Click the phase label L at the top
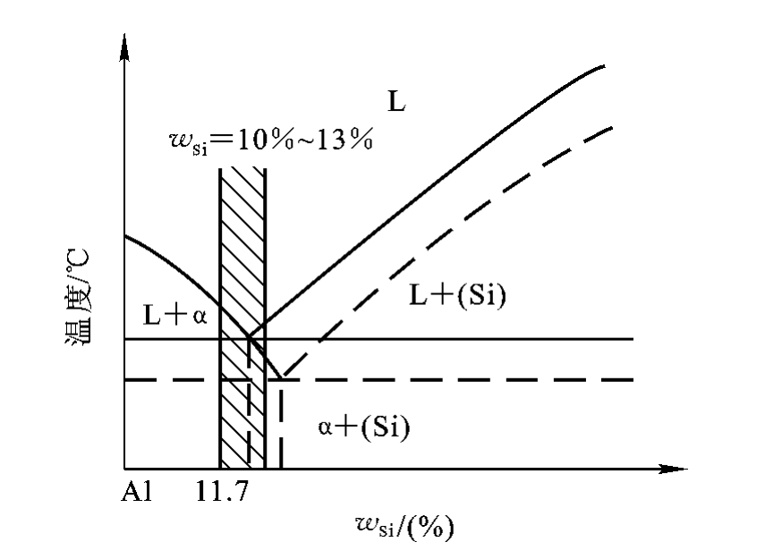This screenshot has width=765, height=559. click(396, 102)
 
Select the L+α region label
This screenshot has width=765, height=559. click(175, 315)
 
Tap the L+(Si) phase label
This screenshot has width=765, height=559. click(457, 295)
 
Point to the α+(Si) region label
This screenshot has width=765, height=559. click(363, 427)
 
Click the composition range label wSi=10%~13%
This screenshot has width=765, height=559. click(271, 141)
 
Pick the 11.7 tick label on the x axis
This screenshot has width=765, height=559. click(222, 491)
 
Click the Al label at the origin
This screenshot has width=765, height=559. click(137, 491)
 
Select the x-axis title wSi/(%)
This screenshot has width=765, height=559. click(404, 526)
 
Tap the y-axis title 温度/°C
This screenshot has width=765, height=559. click(77, 297)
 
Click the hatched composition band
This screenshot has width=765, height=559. click(242, 318)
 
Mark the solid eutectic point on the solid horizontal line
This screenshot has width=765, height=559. click(250, 337)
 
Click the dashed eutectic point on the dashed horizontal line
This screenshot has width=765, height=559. click(282, 377)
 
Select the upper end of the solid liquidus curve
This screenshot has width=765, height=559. click(604, 66)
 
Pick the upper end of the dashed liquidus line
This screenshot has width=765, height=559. click(611, 128)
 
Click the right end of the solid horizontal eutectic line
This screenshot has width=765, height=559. click(633, 338)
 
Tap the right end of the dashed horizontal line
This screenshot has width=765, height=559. click(633, 379)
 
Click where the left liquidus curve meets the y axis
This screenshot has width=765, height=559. click(125, 236)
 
